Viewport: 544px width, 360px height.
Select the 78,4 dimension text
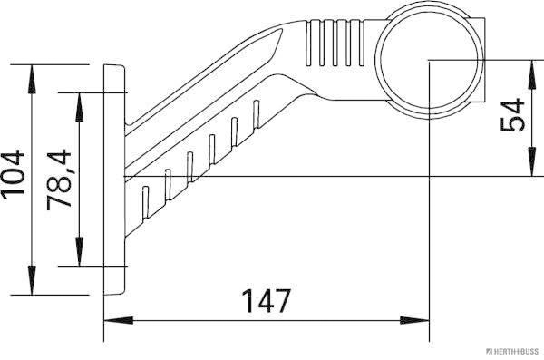(x=59, y=180)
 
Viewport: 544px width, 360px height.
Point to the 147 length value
(x=265, y=300)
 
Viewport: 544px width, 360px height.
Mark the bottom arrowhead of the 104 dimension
(x=34, y=287)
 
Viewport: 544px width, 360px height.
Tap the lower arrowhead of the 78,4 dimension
(x=79, y=258)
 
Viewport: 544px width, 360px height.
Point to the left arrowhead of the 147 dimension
(x=114, y=319)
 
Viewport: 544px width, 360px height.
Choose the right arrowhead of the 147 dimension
(x=418, y=319)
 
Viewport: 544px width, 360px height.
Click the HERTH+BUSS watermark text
(x=514, y=349)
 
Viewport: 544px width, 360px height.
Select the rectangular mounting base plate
(x=113, y=180)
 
